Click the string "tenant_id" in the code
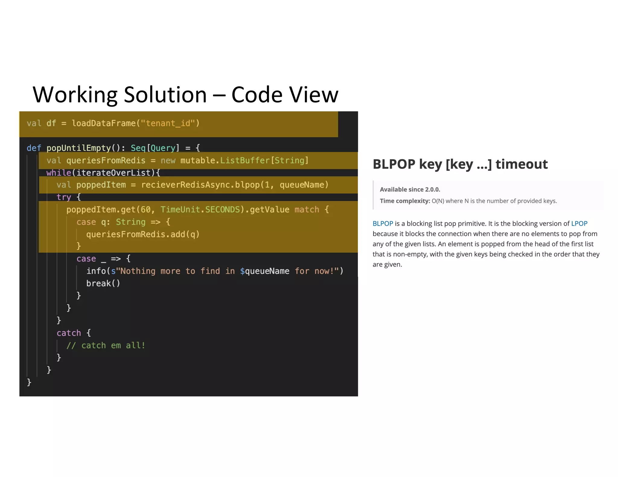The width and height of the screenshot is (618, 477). tap(168, 123)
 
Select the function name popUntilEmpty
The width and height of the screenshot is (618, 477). tap(78, 148)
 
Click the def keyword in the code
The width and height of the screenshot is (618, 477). tap(33, 148)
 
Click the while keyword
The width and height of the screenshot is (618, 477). tap(59, 173)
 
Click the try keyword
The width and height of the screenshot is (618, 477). tap(64, 197)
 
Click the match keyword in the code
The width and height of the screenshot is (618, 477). tap(307, 210)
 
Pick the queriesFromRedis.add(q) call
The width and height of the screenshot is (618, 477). tap(143, 234)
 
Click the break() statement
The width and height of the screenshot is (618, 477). tap(103, 283)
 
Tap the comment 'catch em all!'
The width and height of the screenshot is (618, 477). tap(106, 345)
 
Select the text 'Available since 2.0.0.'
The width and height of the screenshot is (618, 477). tap(410, 189)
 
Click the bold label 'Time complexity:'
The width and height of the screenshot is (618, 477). tap(405, 201)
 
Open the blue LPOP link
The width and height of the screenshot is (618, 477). tap(579, 223)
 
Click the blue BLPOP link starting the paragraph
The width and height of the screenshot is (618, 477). tap(383, 223)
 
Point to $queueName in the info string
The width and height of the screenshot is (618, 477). tap(264, 271)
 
